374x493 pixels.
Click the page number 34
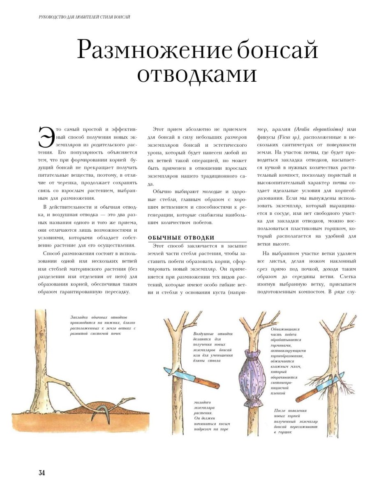(x=42, y=472)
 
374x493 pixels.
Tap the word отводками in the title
(x=197, y=74)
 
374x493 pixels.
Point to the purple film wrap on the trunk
(x=253, y=374)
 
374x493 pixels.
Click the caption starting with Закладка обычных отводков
(x=102, y=325)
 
